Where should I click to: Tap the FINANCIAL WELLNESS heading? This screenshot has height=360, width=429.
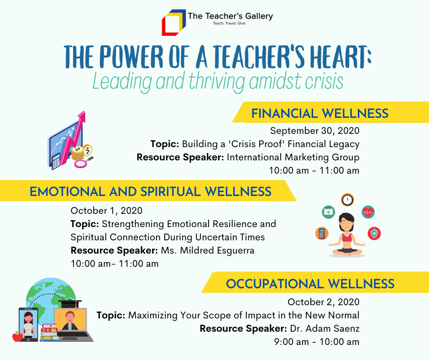click(319, 113)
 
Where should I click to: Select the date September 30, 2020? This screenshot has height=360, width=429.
click(314, 131)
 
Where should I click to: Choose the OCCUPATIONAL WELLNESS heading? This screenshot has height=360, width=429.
click(310, 284)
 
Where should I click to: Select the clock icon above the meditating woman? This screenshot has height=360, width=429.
click(347, 200)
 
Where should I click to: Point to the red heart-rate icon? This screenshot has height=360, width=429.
click(368, 212)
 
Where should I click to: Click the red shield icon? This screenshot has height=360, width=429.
click(374, 233)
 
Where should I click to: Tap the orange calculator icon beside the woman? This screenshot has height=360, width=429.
click(322, 233)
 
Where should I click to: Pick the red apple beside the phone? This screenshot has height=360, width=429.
click(17, 337)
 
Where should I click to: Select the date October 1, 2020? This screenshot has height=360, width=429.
click(106, 211)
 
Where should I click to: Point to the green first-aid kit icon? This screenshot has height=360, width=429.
click(328, 212)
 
